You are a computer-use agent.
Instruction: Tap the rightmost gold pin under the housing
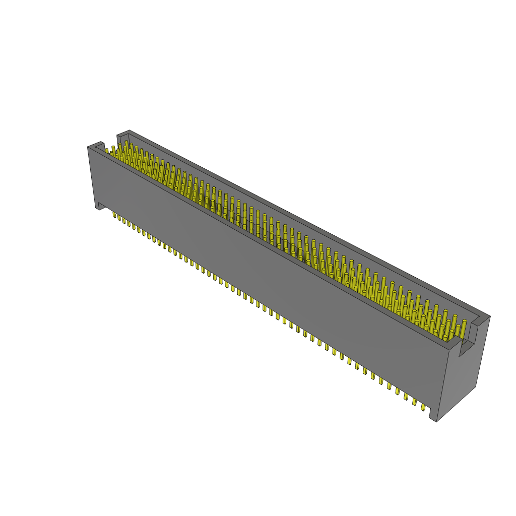[423, 407]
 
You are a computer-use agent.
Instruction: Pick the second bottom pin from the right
[415, 402]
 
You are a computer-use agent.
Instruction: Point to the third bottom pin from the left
[124, 221]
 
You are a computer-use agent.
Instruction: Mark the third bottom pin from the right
[406, 397]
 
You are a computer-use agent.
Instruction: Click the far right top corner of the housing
[489, 316]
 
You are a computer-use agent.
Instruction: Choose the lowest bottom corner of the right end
[436, 421]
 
